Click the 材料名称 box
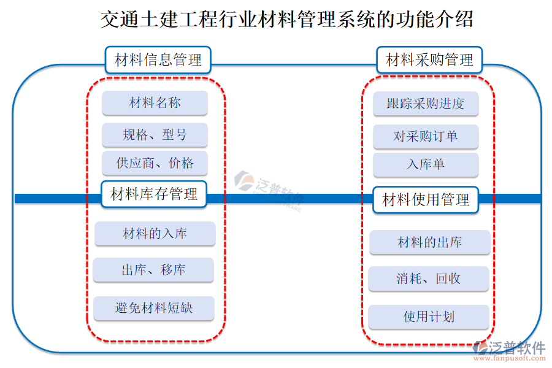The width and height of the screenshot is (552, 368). pyautogui.click(x=155, y=102)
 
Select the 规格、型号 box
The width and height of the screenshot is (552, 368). pyautogui.click(x=155, y=135)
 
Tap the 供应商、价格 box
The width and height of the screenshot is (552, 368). pyautogui.click(x=155, y=163)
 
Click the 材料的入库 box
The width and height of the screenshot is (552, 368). pyautogui.click(x=155, y=234)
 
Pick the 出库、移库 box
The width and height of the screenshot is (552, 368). pyautogui.click(x=153, y=270)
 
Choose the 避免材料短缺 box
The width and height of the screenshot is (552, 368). pyautogui.click(x=153, y=308)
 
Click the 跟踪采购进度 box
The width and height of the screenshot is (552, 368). pyautogui.click(x=425, y=104)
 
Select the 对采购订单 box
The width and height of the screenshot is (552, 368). pyautogui.click(x=425, y=136)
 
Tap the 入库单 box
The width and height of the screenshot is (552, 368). pyautogui.click(x=425, y=164)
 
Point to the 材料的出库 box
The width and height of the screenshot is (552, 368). pyautogui.click(x=429, y=242)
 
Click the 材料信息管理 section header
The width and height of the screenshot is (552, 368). pyautogui.click(x=158, y=60)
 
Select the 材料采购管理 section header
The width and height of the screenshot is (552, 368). pyautogui.click(x=429, y=60)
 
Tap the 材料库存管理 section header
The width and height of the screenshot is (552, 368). pyautogui.click(x=154, y=194)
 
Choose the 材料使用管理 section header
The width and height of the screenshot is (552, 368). pyautogui.click(x=426, y=199)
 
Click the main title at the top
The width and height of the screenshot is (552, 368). pyautogui.click(x=286, y=20)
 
